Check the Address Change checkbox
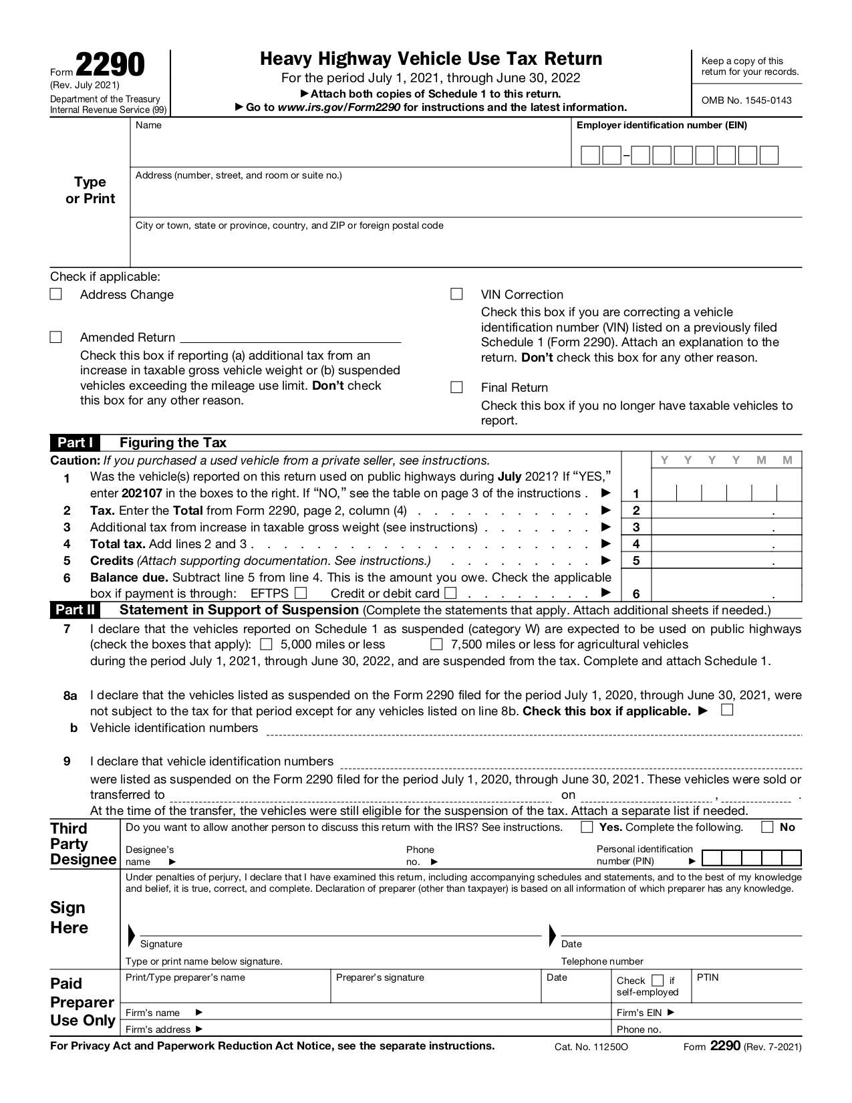tap(56, 294)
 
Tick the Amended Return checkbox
tap(56, 337)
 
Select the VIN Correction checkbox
tap(457, 294)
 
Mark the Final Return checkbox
tap(457, 387)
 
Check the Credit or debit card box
tap(450, 593)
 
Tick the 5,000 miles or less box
tap(266, 644)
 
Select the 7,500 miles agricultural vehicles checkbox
tap(436, 644)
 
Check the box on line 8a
tap(728, 710)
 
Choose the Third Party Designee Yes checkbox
tap(587, 827)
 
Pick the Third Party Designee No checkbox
tap(767, 827)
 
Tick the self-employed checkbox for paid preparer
tap(658, 981)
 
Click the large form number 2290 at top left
tap(110, 66)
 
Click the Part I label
tap(75, 443)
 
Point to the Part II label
tap(75, 610)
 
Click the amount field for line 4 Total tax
tap(726, 544)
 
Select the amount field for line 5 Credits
tap(726, 561)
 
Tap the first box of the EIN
tap(590, 156)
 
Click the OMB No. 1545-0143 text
tap(746, 100)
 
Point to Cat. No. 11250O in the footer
tap(591, 1047)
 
